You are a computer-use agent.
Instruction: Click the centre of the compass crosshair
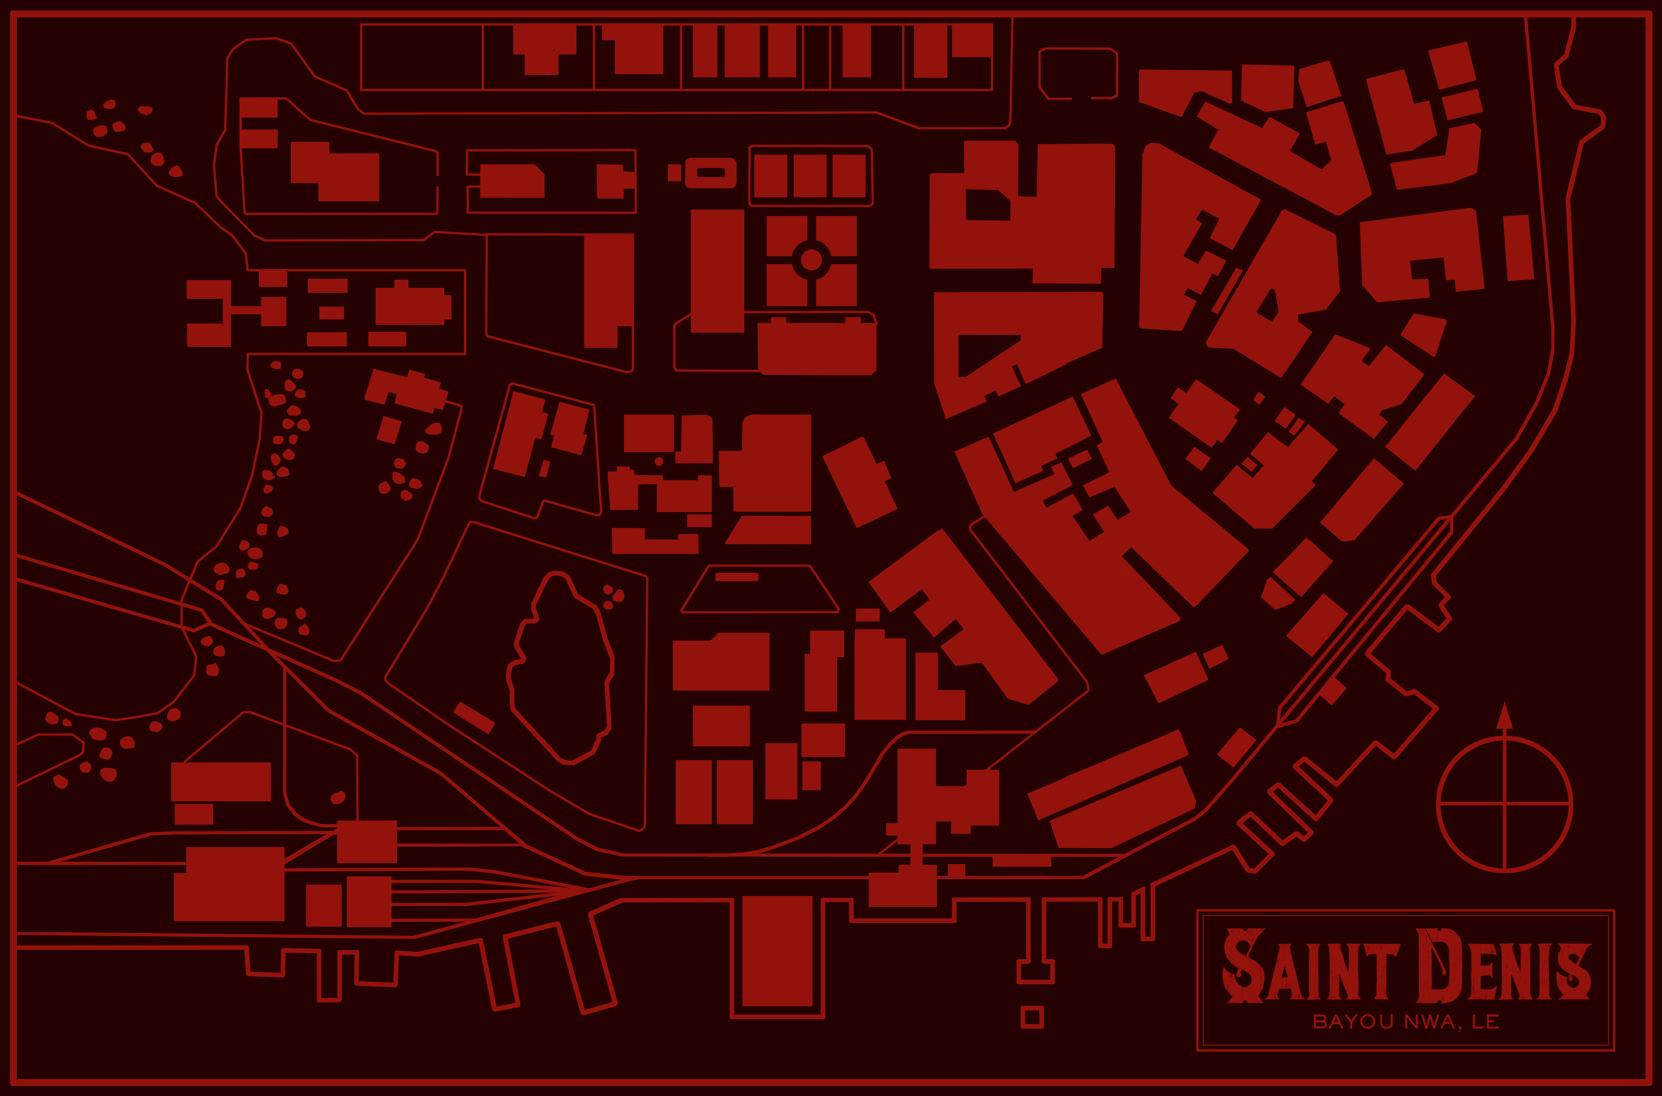click(x=1504, y=804)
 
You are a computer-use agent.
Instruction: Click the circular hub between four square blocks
click(x=811, y=260)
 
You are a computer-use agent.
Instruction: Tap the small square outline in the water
click(x=1032, y=1017)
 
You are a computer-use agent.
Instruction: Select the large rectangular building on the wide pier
click(x=777, y=950)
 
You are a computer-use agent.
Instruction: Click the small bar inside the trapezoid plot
click(x=737, y=577)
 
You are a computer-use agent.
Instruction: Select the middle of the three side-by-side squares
click(x=810, y=175)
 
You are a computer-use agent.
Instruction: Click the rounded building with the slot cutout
click(x=710, y=173)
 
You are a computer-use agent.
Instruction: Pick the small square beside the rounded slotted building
click(x=674, y=173)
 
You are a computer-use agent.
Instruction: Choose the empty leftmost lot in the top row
click(x=421, y=57)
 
